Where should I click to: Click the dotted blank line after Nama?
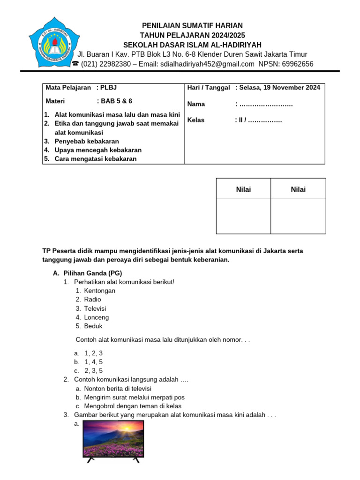coord(266,104)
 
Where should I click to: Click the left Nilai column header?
coord(243,189)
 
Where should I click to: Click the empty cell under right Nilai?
coord(298,216)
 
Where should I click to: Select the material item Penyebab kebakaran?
coord(87,141)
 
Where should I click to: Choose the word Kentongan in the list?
coord(99,291)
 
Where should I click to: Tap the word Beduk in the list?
coord(93,326)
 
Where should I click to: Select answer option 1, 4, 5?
coord(93,362)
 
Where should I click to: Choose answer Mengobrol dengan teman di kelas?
coord(133,406)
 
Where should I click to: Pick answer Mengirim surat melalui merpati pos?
coord(134,397)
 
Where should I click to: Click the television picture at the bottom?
coord(113,440)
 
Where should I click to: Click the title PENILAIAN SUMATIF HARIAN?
coord(193,25)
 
